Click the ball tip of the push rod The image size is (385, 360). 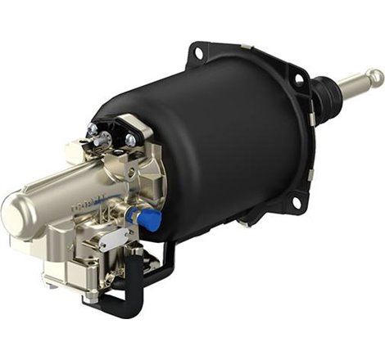point(376,77)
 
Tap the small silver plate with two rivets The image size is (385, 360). point(112,238)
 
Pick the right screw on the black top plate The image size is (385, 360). point(130,140)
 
